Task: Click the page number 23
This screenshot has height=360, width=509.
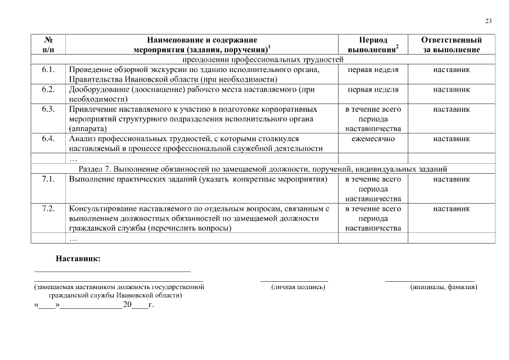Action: [488, 21]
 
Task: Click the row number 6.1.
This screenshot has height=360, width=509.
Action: [48, 70]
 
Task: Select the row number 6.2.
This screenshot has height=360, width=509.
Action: [48, 89]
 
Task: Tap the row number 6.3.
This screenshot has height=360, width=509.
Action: [48, 109]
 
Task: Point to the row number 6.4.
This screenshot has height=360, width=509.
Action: [48, 138]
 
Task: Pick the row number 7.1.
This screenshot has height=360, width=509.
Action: [48, 179]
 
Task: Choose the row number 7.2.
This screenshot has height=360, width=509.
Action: [48, 209]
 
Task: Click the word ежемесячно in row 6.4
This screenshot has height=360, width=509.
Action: [373, 138]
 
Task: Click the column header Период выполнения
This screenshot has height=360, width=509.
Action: [373, 45]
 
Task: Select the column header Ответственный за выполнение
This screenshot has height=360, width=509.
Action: [451, 45]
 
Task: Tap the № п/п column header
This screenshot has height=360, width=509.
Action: [48, 45]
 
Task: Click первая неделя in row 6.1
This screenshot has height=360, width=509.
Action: [373, 70]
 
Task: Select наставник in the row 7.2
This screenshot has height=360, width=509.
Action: [451, 209]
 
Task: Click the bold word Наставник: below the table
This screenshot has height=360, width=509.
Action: [78, 259]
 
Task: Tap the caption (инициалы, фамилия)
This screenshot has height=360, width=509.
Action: [444, 287]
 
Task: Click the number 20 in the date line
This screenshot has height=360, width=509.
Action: [127, 305]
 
